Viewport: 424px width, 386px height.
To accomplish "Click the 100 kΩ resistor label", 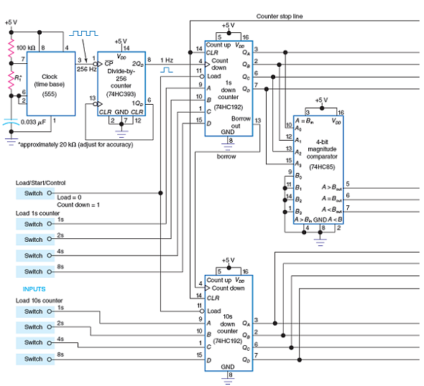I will coord(26,48).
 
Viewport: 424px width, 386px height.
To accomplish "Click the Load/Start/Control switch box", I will coord(33,193).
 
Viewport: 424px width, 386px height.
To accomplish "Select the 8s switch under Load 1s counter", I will coord(33,271).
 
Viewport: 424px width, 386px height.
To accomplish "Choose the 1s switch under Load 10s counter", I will coord(33,311).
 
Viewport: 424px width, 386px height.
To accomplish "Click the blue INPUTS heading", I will coord(27,290).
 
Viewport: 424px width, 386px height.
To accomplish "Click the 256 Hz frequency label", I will coord(87,69).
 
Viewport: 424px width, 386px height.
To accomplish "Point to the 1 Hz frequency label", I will coord(167,60).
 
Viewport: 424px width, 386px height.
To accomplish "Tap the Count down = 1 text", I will coord(77,204).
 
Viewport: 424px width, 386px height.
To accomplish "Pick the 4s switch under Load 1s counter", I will coord(33,255).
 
